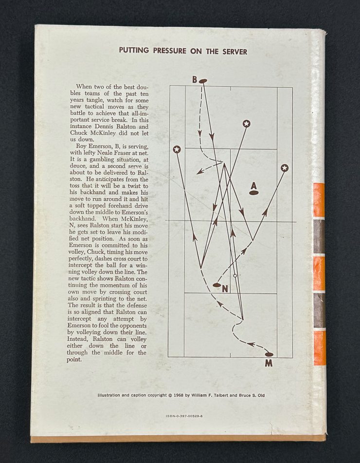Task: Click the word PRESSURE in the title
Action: point(170,51)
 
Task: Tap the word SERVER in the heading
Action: point(235,52)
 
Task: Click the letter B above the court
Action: point(195,79)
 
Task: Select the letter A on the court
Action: point(253,185)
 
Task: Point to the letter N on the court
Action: point(225,289)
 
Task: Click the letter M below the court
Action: point(269,363)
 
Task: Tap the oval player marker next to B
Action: point(203,81)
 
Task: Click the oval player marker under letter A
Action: point(254,193)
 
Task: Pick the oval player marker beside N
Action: point(217,285)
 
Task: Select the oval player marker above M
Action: point(269,354)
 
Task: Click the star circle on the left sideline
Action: point(177,149)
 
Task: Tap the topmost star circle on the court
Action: point(246,124)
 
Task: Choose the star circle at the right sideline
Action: point(285,168)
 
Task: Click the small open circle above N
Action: point(235,276)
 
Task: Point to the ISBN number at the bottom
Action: point(184,416)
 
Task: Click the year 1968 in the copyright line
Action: point(179,395)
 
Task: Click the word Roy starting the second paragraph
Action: point(81,147)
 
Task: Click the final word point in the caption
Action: point(74,359)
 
